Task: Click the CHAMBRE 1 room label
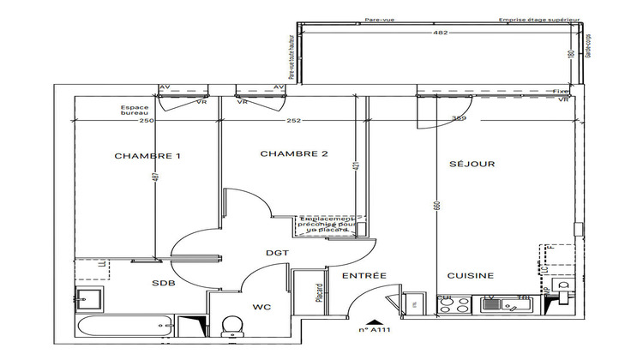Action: click(147, 156)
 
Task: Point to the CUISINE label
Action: click(470, 275)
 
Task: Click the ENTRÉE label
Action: click(364, 275)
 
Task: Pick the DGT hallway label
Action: click(277, 253)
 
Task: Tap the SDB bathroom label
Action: click(165, 284)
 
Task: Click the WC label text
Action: click(262, 305)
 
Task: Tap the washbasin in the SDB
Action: click(89, 299)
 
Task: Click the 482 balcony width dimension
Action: click(442, 33)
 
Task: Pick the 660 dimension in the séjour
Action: click(436, 207)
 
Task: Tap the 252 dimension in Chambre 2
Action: click(294, 121)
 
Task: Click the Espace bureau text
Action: click(135, 111)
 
